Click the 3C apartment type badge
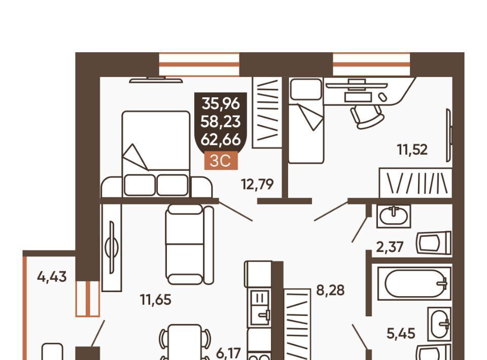click(221, 160)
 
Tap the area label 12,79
click(257, 185)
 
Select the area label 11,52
click(412, 150)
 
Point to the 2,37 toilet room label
click(390, 247)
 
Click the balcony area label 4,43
click(52, 276)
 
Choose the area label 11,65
click(156, 300)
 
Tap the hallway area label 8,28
click(330, 290)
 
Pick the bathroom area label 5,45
click(401, 333)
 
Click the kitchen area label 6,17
click(228, 353)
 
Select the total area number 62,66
click(221, 139)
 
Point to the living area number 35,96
click(221, 103)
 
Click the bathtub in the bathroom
click(414, 283)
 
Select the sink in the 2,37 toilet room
click(394, 216)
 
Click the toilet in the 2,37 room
click(434, 243)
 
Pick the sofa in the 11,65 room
click(190, 245)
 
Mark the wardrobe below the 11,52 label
click(415, 183)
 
